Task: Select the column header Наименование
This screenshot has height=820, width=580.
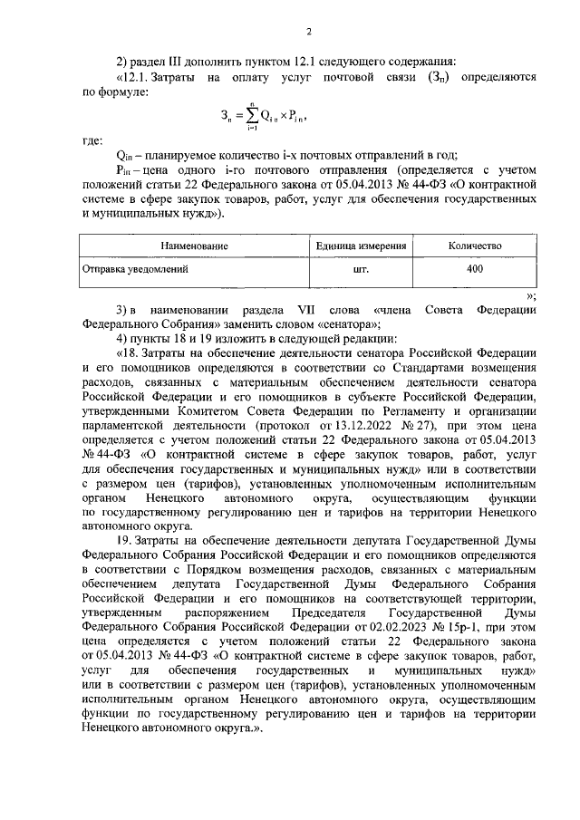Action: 194,246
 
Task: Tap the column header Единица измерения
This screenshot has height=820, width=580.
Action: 360,246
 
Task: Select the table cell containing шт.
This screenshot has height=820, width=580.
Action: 360,269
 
